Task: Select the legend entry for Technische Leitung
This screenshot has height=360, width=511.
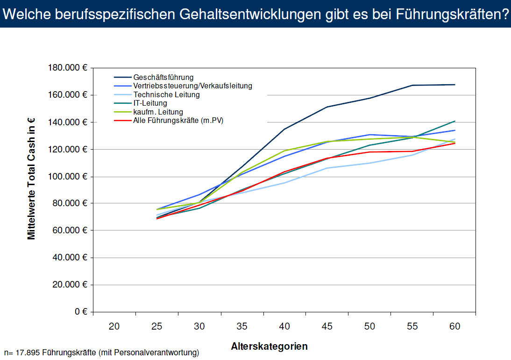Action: click(166, 94)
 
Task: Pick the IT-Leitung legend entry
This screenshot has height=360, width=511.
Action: click(150, 103)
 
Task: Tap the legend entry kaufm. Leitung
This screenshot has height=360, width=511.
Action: click(158, 112)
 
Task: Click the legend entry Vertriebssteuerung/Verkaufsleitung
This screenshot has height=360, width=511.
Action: click(192, 86)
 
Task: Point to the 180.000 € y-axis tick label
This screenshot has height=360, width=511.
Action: click(68, 68)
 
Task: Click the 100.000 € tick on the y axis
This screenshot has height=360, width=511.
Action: click(68, 177)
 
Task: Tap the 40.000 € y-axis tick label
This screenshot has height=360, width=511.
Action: click(70, 258)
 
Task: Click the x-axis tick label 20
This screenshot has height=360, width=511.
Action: click(114, 327)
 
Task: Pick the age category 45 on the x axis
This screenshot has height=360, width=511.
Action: click(327, 327)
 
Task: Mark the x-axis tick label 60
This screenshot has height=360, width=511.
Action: click(454, 327)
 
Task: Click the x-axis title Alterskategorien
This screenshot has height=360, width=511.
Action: click(269, 346)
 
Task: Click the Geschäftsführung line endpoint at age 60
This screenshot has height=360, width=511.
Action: click(454, 85)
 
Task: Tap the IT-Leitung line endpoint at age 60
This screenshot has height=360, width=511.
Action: click(454, 121)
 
